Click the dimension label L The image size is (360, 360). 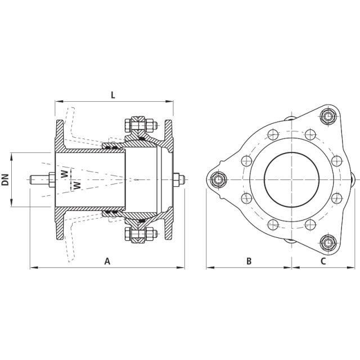(112, 95)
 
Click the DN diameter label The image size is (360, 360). (6, 179)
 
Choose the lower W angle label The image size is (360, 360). (77, 184)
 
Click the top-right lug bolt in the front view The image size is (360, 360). (327, 116)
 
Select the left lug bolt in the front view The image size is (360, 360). (218, 179)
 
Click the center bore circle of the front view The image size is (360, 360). (292, 179)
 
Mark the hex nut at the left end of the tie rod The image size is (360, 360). (51, 179)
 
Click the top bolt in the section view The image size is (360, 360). (138, 124)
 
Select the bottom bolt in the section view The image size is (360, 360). (138, 235)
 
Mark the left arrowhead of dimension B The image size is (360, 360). (208, 267)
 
